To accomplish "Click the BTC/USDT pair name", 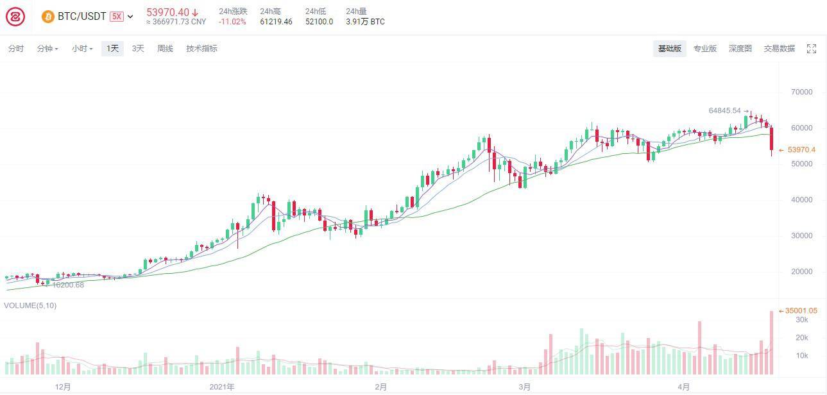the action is (82, 16).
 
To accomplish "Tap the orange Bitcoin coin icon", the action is (48, 17).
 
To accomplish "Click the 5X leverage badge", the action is (117, 16).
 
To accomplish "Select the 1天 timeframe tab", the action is (113, 48).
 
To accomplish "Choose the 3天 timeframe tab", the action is (138, 48).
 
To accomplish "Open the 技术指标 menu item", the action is (201, 48).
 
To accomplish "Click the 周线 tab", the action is (165, 48).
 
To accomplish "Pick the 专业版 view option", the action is (705, 48).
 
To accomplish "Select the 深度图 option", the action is (740, 48).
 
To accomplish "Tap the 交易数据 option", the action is (780, 48).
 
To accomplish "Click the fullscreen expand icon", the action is (812, 49).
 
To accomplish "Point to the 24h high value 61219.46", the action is (276, 22).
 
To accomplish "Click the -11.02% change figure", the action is (232, 22).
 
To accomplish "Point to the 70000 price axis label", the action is (801, 92).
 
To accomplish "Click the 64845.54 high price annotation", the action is (725, 110).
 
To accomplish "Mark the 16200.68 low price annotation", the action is (68, 285).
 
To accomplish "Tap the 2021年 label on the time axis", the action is (222, 387).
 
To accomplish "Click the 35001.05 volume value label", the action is (801, 311).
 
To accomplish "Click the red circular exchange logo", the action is (15, 17).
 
